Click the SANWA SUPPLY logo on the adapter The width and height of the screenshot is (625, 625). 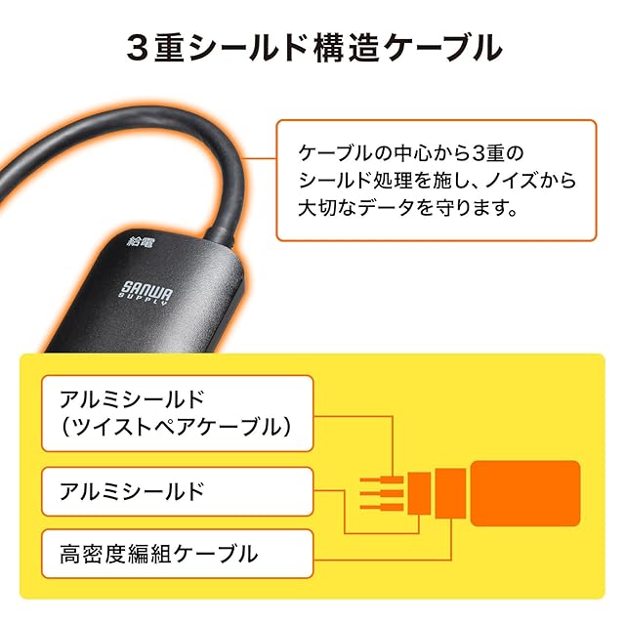click(147, 291)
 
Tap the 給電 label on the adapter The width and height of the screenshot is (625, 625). click(141, 240)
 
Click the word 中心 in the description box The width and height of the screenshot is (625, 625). click(414, 154)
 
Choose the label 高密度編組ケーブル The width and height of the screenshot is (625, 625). click(160, 554)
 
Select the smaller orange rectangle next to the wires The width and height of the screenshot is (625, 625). click(419, 493)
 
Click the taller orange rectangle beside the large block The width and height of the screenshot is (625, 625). click(450, 493)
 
